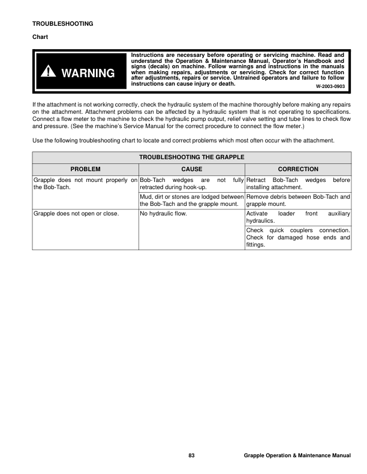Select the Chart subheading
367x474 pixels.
(x=40, y=37)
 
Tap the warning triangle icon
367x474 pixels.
(x=47, y=72)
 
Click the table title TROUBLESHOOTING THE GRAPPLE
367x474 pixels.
(x=191, y=158)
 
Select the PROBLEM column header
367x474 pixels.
(x=85, y=169)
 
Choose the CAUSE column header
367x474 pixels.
(x=191, y=169)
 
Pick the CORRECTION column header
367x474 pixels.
(x=298, y=169)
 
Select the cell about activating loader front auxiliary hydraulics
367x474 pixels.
(x=298, y=217)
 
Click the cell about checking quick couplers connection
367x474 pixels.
(x=298, y=237)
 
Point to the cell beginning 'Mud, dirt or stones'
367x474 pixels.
(x=191, y=200)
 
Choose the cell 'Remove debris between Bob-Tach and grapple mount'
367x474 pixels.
(x=298, y=200)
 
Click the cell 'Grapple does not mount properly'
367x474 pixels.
(x=85, y=183)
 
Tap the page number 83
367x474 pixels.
(x=191, y=456)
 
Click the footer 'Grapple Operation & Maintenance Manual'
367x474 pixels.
(x=297, y=456)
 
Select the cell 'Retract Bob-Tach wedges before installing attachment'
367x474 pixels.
(x=298, y=183)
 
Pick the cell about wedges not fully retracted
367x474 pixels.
(x=191, y=183)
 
